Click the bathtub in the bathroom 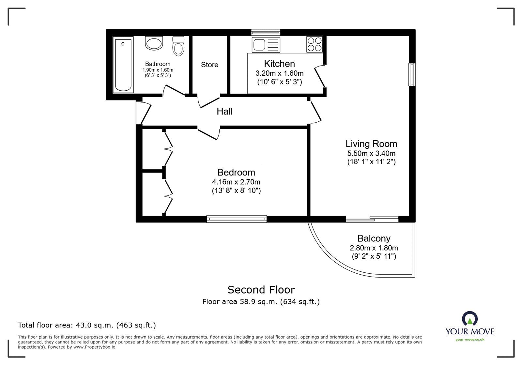[x=123, y=65]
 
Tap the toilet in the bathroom [x=178, y=46]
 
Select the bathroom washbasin [x=154, y=43]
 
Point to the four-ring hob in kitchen [x=315, y=44]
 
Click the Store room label [x=209, y=65]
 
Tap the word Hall [x=224, y=112]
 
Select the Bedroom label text [x=236, y=172]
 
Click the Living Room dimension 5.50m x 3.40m [x=371, y=153]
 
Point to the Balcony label [x=374, y=238]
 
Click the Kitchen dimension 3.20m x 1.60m [x=279, y=73]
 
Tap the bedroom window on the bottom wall [x=237, y=219]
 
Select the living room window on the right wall [x=412, y=74]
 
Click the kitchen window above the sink [x=266, y=32]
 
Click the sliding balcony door [x=372, y=219]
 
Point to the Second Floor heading [x=261, y=290]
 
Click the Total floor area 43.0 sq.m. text [x=87, y=325]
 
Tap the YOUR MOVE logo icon [x=470, y=319]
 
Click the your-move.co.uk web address [x=470, y=340]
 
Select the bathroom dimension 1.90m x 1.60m [x=158, y=70]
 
